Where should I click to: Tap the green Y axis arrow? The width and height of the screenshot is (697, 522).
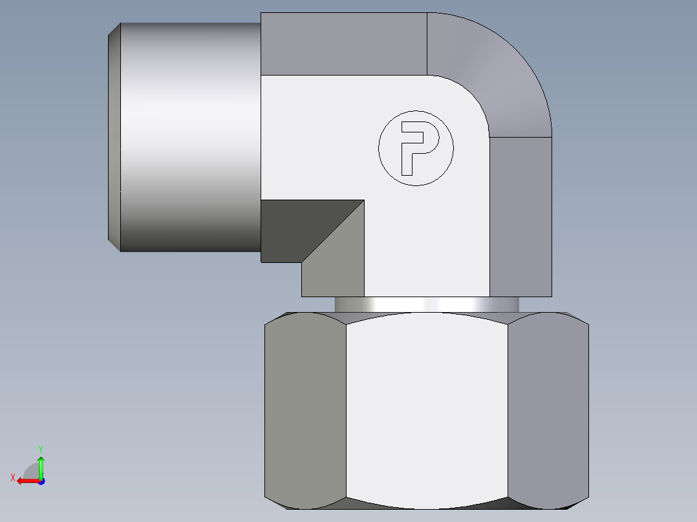tap(41, 466)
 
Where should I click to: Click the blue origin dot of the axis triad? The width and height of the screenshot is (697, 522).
tap(41, 481)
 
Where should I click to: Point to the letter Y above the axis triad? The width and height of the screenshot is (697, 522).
tap(40, 448)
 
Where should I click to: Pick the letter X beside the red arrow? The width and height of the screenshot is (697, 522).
tap(12, 477)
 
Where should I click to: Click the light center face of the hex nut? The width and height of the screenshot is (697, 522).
tap(427, 407)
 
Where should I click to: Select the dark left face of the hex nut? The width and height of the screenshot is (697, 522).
tap(305, 407)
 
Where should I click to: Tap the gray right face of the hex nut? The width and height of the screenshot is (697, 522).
tap(548, 407)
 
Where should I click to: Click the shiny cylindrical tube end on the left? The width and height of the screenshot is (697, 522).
tap(191, 136)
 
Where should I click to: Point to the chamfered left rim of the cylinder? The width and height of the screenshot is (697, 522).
tap(114, 136)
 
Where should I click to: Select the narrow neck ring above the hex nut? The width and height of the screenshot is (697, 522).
tap(427, 304)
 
